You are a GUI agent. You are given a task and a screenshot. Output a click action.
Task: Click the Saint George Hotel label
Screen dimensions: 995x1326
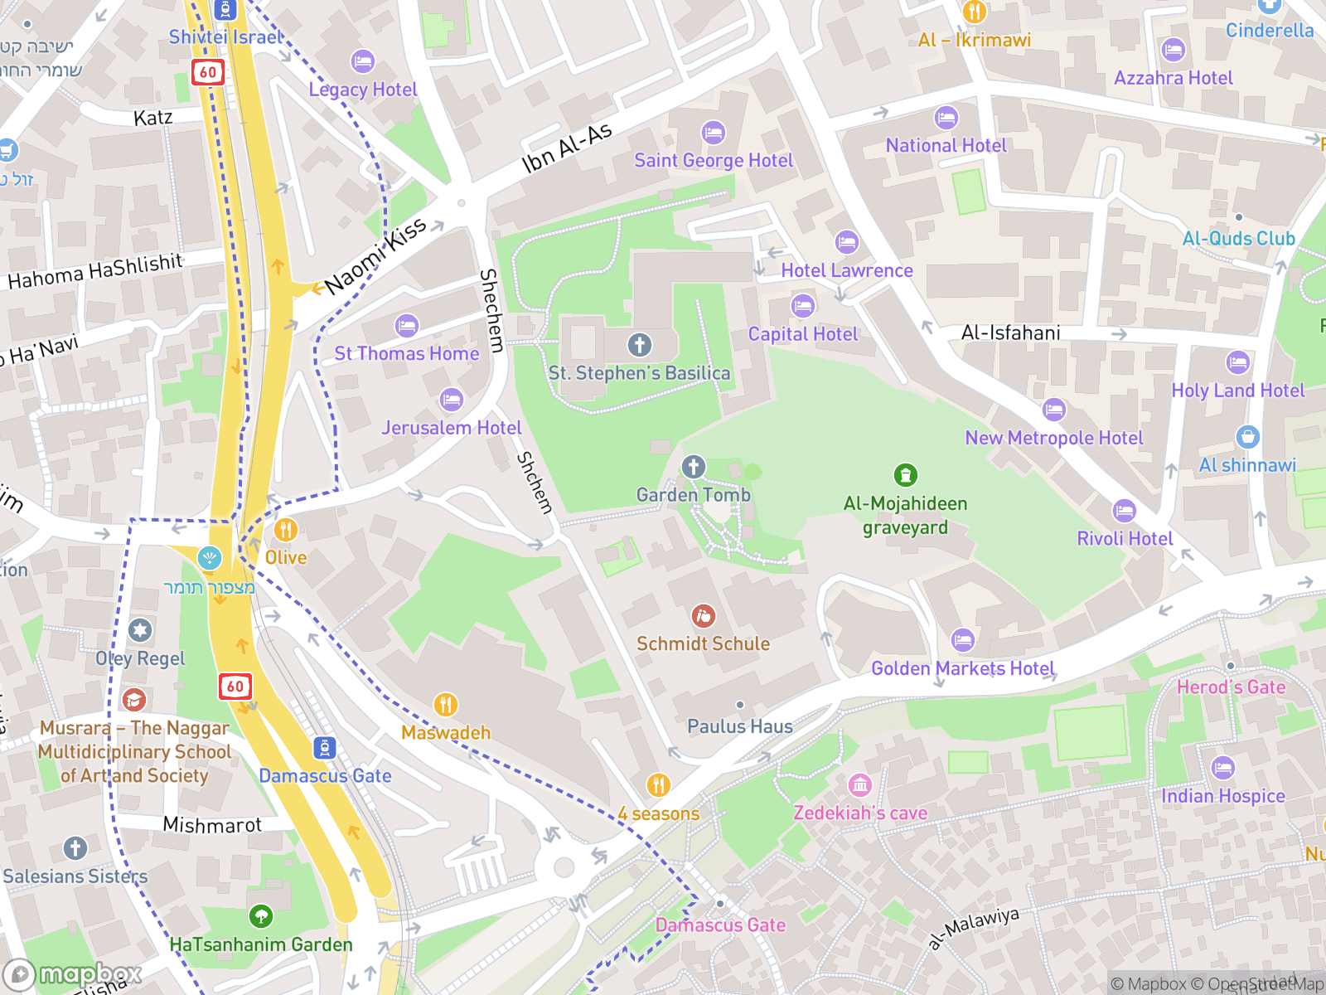(x=714, y=161)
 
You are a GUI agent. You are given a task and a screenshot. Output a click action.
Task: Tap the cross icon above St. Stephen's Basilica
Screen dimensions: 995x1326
(x=639, y=345)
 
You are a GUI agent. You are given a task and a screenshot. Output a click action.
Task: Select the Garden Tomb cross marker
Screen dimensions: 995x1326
(x=694, y=467)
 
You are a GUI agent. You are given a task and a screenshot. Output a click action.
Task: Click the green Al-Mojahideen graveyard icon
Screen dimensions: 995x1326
(x=905, y=475)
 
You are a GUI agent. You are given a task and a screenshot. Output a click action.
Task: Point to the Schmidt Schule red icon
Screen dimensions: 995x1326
(x=703, y=616)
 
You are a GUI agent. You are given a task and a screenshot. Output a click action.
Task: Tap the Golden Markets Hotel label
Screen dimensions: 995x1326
(x=962, y=668)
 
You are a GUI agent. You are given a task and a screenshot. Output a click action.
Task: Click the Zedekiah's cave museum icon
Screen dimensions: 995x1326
(x=859, y=784)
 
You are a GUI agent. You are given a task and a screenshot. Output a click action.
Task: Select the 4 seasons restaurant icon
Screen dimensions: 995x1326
(x=658, y=784)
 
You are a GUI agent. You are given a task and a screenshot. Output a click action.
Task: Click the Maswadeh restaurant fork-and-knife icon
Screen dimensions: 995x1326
(x=446, y=705)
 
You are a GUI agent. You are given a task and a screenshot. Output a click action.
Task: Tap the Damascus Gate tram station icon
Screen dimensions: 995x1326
(x=325, y=748)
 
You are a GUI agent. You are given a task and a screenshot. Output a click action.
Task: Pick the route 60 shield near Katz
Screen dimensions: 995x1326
(x=207, y=72)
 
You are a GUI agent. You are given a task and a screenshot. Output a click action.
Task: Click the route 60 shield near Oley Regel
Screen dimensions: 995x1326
(x=235, y=686)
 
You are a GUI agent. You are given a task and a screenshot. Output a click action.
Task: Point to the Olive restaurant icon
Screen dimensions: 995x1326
(x=285, y=530)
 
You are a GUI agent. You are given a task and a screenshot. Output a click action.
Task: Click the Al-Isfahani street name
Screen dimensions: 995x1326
(x=1010, y=333)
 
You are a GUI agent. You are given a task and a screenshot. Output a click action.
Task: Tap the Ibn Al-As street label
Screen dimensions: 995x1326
(x=567, y=148)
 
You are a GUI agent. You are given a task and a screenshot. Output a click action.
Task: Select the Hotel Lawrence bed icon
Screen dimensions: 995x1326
(x=846, y=242)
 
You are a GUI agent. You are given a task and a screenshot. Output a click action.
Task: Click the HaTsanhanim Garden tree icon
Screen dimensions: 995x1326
(x=261, y=916)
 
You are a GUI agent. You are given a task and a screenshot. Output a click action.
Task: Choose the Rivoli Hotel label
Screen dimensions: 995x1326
(x=1125, y=539)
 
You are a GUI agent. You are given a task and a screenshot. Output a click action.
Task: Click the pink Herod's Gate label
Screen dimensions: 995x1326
(x=1231, y=687)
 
